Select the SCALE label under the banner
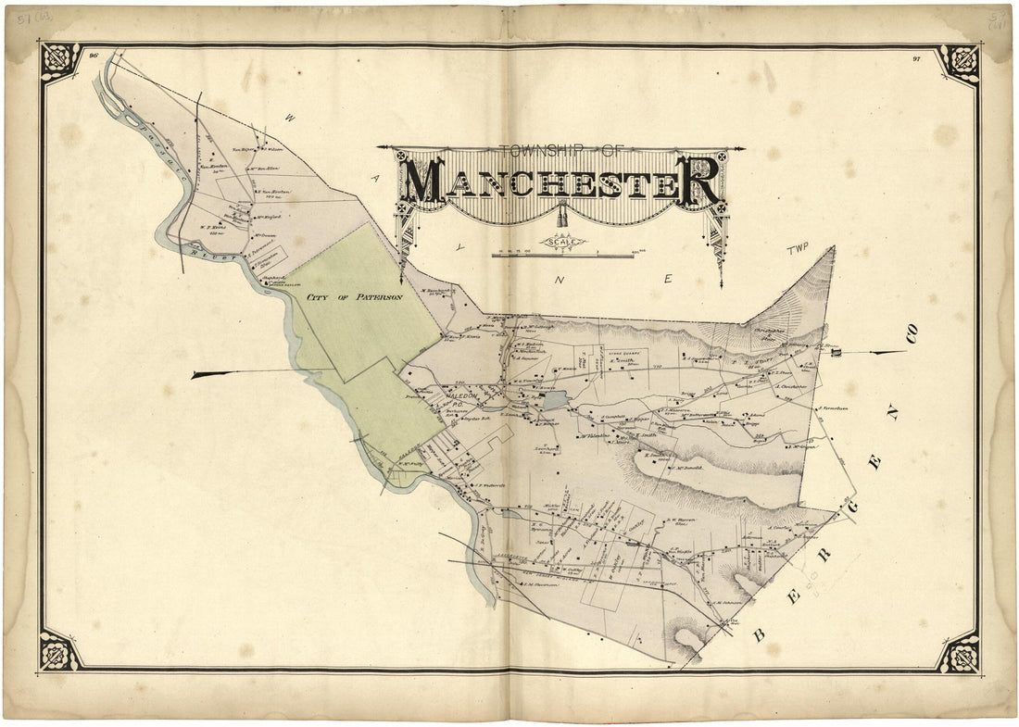(x=563, y=243)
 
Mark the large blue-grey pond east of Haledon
(x=555, y=401)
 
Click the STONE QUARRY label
(x=625, y=353)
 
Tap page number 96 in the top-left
(x=94, y=56)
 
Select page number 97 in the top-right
(x=915, y=57)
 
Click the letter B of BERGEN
(x=758, y=634)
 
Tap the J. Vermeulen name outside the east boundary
(x=833, y=408)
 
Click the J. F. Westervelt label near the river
(x=490, y=484)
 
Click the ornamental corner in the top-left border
(x=60, y=63)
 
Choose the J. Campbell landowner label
(x=615, y=417)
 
